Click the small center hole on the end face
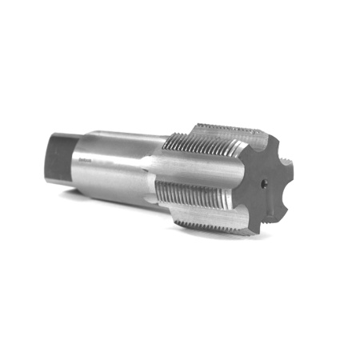(x=264, y=184)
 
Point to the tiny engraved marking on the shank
(x=86, y=159)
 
